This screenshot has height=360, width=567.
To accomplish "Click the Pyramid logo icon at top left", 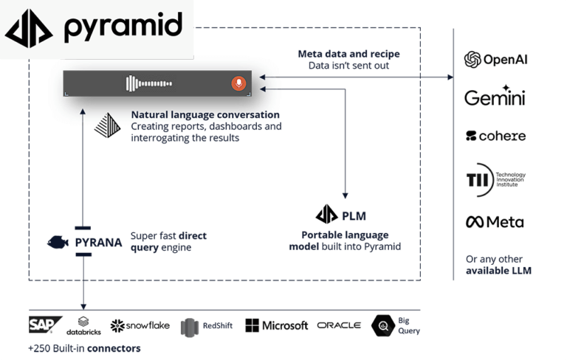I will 29,28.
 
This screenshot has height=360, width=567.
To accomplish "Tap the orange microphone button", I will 238,83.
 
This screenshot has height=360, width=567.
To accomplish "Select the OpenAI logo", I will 495,60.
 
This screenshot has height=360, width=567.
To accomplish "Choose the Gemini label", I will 494,97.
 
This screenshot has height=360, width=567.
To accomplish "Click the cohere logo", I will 495,136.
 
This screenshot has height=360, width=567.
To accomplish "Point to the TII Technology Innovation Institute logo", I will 495,179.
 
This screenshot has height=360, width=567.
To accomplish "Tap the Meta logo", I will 494,221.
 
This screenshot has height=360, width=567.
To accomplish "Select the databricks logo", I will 83,325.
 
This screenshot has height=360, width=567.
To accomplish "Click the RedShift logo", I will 207,325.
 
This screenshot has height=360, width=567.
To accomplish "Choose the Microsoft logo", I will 276,325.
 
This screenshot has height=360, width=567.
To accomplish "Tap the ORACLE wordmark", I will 339,325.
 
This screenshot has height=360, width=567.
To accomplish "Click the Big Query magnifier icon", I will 384,325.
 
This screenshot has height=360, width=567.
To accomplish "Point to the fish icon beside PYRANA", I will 58,242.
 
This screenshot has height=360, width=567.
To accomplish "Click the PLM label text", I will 354,215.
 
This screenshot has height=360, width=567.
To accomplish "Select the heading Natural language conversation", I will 205,115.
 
